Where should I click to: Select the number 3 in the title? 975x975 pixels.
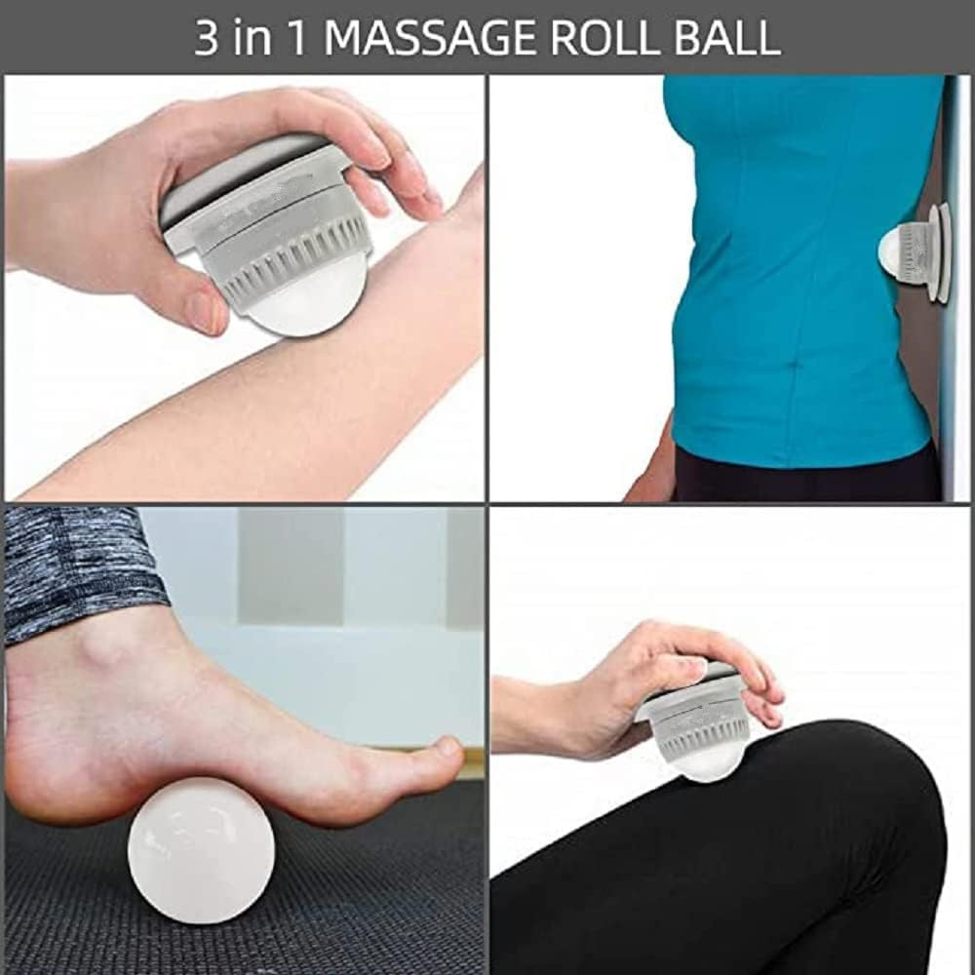[x=207, y=37]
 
